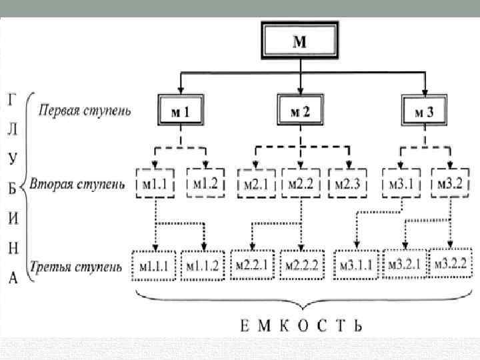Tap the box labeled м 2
[x=301, y=112]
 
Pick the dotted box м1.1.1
[x=155, y=265]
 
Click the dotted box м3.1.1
[x=358, y=265]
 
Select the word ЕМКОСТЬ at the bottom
[x=301, y=326]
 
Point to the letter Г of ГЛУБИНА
[x=11, y=100]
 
